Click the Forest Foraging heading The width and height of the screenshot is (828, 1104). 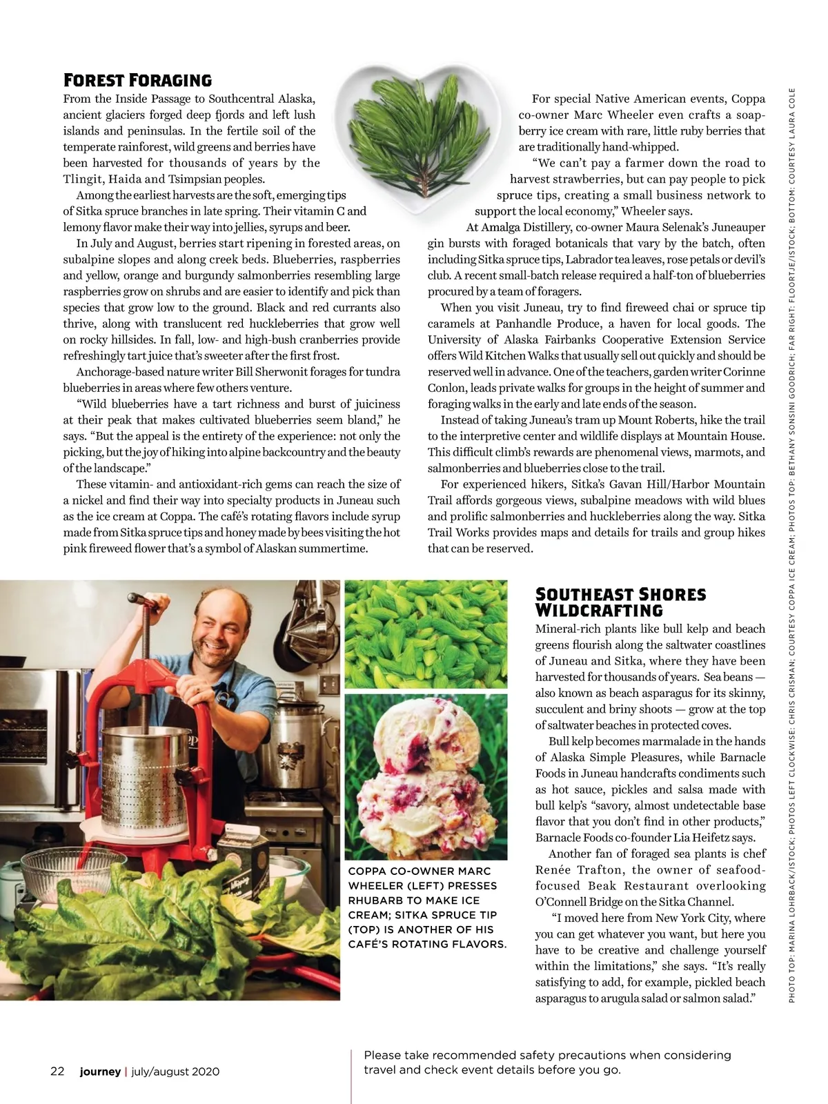point(137,80)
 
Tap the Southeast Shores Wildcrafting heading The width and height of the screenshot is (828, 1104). point(620,602)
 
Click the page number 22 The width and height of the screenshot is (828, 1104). point(57,1072)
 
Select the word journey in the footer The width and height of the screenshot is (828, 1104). point(100,1072)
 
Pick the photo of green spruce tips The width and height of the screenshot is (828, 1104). point(425,633)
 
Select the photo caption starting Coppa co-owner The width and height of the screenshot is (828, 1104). point(427,907)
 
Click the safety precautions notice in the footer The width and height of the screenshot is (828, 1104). point(547,1063)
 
